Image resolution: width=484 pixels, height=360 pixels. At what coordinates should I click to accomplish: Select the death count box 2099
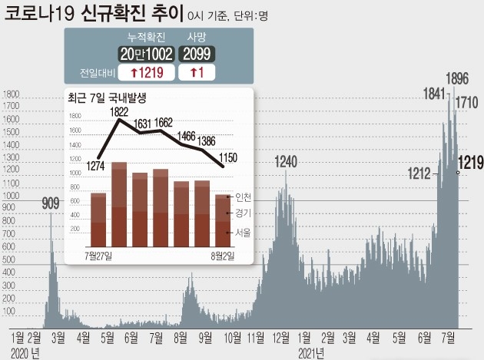(197, 54)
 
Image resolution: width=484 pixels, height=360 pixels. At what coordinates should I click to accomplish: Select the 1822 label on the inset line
(119, 112)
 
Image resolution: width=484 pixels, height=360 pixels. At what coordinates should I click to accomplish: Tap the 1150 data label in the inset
(223, 157)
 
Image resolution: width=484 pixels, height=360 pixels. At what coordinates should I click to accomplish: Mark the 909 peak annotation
(50, 203)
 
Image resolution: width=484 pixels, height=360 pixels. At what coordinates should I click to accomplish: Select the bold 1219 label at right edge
(470, 162)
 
